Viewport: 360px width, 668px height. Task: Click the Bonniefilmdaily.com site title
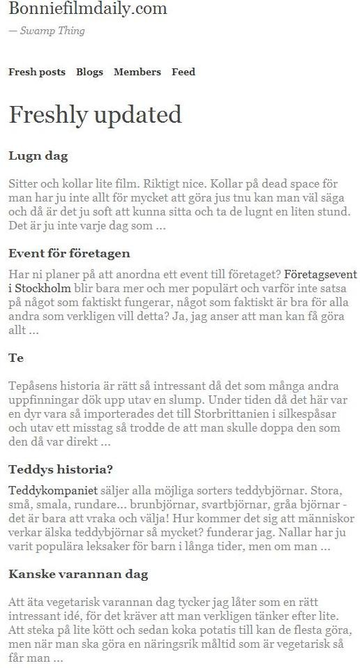[x=88, y=9]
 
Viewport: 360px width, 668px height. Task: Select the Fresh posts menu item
[x=37, y=72]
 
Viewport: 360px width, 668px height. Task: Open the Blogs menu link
[x=89, y=72]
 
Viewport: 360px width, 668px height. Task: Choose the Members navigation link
[x=137, y=72]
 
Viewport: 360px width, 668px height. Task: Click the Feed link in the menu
[x=183, y=72]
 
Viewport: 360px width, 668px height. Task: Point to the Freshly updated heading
[x=95, y=114]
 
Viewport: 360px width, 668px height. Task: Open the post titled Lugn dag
[x=38, y=156]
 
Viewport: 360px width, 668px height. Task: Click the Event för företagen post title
[x=69, y=253]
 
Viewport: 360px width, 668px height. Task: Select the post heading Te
[x=16, y=358]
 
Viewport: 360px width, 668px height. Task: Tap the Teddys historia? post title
[x=61, y=469]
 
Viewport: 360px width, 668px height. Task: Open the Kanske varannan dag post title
[x=78, y=575]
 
